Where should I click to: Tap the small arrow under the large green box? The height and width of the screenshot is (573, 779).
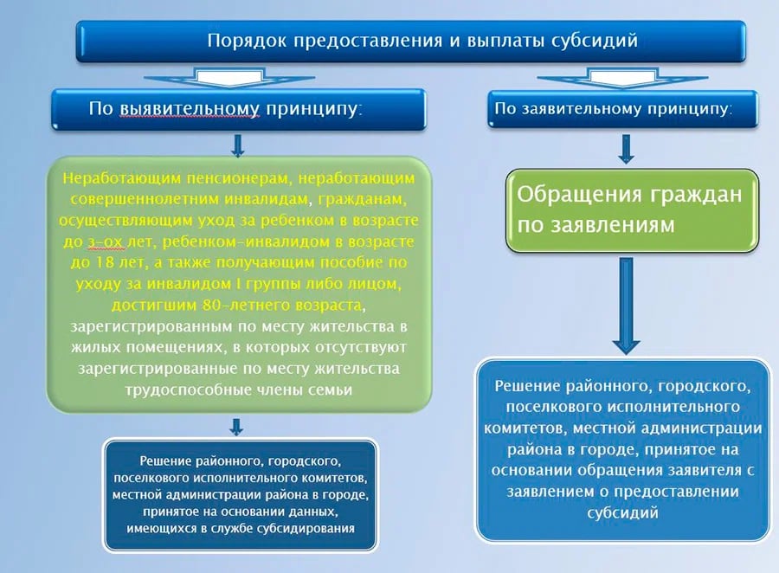pyautogui.click(x=236, y=425)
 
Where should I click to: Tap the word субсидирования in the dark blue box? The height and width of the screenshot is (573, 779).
pyautogui.click(x=308, y=528)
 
